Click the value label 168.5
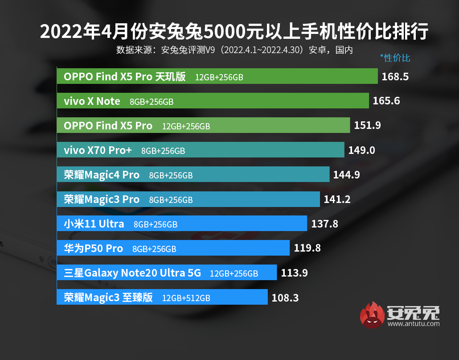[x=395, y=77]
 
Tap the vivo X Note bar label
[x=92, y=101]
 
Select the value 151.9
[x=367, y=126]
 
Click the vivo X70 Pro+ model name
[x=98, y=150]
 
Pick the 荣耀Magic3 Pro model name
[x=102, y=199]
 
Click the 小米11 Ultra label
[x=94, y=224]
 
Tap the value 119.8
[x=307, y=248]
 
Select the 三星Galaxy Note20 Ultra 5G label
[x=132, y=273]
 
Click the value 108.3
[x=284, y=297]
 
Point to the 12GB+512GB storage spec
[x=186, y=298]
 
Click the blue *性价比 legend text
[x=395, y=58]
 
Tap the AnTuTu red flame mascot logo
[x=373, y=315]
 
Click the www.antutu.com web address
[x=414, y=324]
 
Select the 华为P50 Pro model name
[x=93, y=248]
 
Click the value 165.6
[x=386, y=101]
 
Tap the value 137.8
[x=324, y=224]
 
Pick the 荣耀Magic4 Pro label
[x=102, y=175]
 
